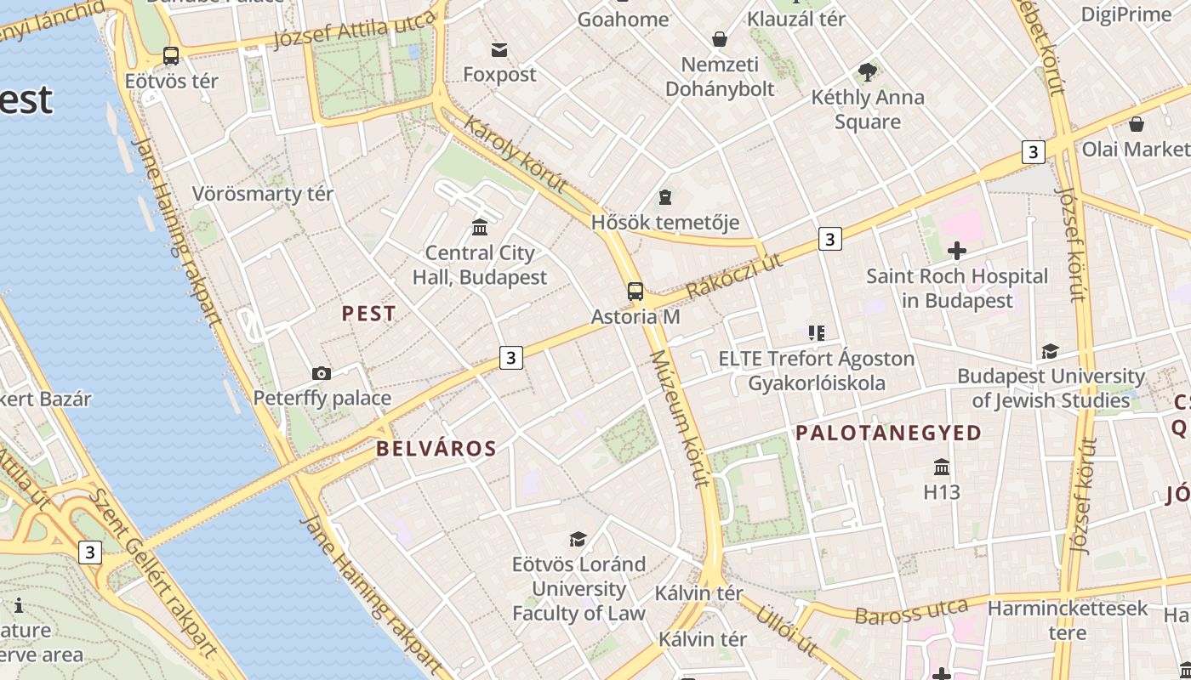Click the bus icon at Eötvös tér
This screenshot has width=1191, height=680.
(x=171, y=56)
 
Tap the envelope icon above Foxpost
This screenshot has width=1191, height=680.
(x=499, y=50)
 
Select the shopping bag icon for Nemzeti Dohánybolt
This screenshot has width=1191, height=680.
(x=720, y=39)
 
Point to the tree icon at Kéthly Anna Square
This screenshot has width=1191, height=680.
(x=867, y=72)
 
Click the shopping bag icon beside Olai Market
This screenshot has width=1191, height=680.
(x=1137, y=125)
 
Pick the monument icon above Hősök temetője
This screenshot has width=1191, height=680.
(x=664, y=197)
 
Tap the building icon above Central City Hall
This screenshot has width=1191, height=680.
(x=480, y=227)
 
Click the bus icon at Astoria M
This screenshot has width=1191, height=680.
(x=635, y=292)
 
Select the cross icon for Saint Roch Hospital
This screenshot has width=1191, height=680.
(x=957, y=251)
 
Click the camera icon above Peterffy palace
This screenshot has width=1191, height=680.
(x=322, y=373)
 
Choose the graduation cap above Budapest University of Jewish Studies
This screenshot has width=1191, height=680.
(x=1051, y=351)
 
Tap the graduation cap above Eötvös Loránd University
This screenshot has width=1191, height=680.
(x=578, y=539)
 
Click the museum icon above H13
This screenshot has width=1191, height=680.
(x=942, y=467)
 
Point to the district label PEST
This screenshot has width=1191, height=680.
(x=368, y=314)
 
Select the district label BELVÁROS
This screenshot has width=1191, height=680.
(x=436, y=449)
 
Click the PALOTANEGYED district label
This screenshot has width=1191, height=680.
(x=888, y=433)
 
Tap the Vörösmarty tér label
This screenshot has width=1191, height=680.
(x=262, y=194)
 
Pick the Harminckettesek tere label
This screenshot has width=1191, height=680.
(x=1068, y=620)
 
